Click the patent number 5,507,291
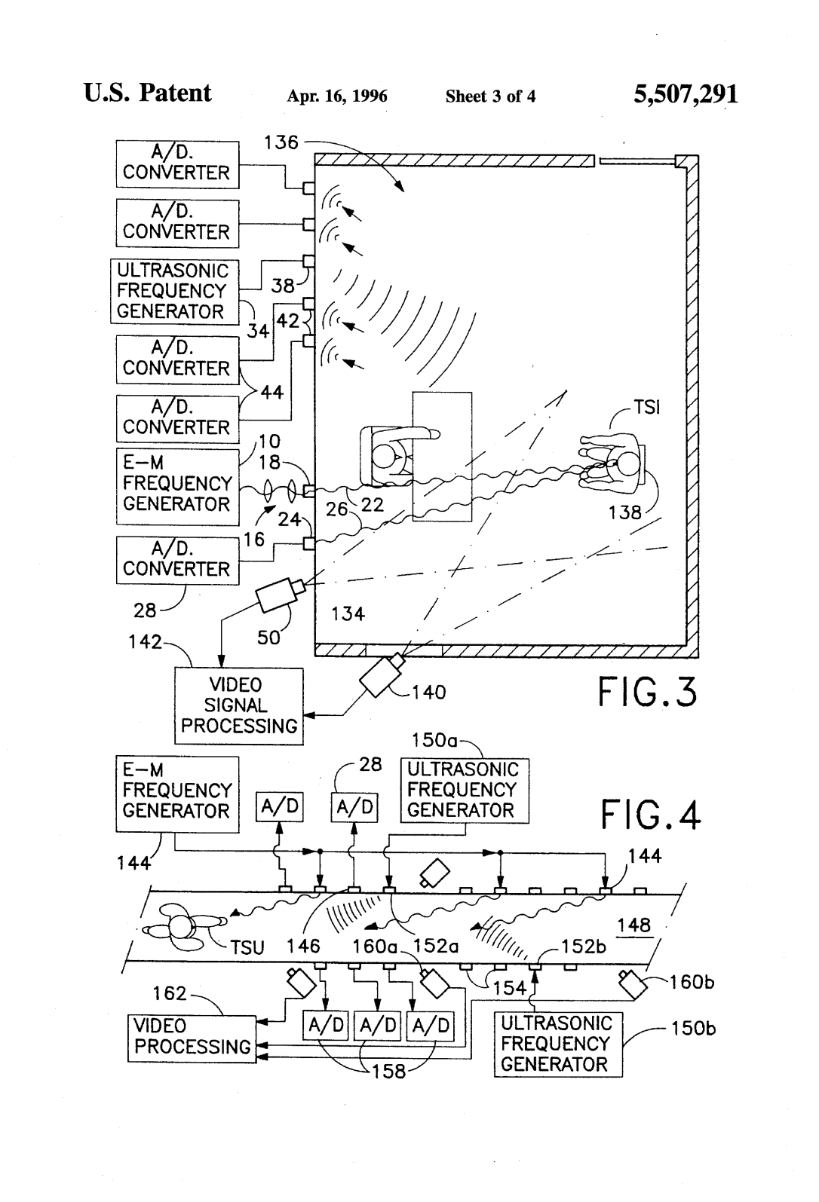[686, 94]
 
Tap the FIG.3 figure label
[648, 693]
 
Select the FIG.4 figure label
[650, 815]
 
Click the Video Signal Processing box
[238, 706]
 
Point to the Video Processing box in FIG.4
[192, 1038]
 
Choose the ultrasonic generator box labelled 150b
[558, 1044]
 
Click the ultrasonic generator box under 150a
[464, 791]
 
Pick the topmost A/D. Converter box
[177, 164]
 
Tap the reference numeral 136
[281, 142]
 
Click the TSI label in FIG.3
[647, 408]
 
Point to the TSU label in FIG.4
[247, 947]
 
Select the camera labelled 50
[279, 595]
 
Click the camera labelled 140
[382, 674]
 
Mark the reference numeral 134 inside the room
[348, 614]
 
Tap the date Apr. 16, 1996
[337, 96]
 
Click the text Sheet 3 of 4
[490, 96]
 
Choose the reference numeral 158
[389, 1071]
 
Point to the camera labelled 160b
[634, 983]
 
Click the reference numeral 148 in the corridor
[633, 925]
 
